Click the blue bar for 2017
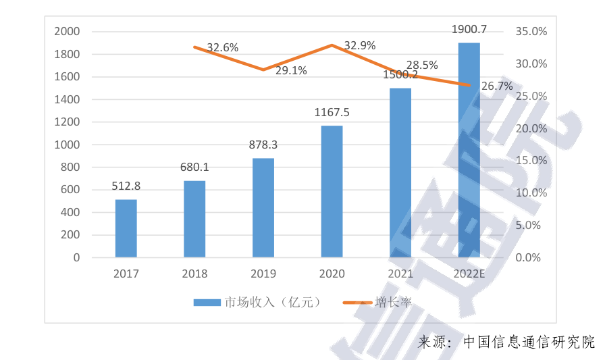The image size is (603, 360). [126, 228]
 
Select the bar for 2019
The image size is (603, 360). [263, 207]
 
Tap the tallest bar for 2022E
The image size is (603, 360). [469, 150]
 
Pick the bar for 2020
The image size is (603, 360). [332, 191]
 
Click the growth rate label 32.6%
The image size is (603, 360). [222, 48]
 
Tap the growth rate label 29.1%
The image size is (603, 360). [291, 70]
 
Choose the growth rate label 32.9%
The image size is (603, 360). [360, 46]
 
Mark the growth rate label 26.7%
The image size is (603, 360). [497, 86]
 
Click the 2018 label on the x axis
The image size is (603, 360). [194, 274]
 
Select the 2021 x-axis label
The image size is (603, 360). [400, 274]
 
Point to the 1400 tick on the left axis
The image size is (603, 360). [67, 100]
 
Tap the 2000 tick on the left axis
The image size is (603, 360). [67, 32]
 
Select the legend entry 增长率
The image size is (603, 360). [392, 302]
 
